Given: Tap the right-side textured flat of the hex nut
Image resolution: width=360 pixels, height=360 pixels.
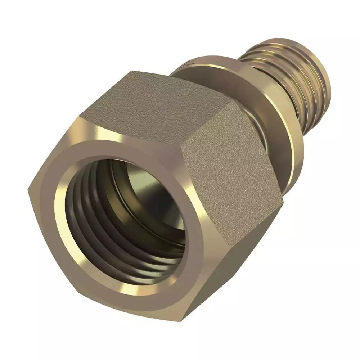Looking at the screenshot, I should (230, 162).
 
